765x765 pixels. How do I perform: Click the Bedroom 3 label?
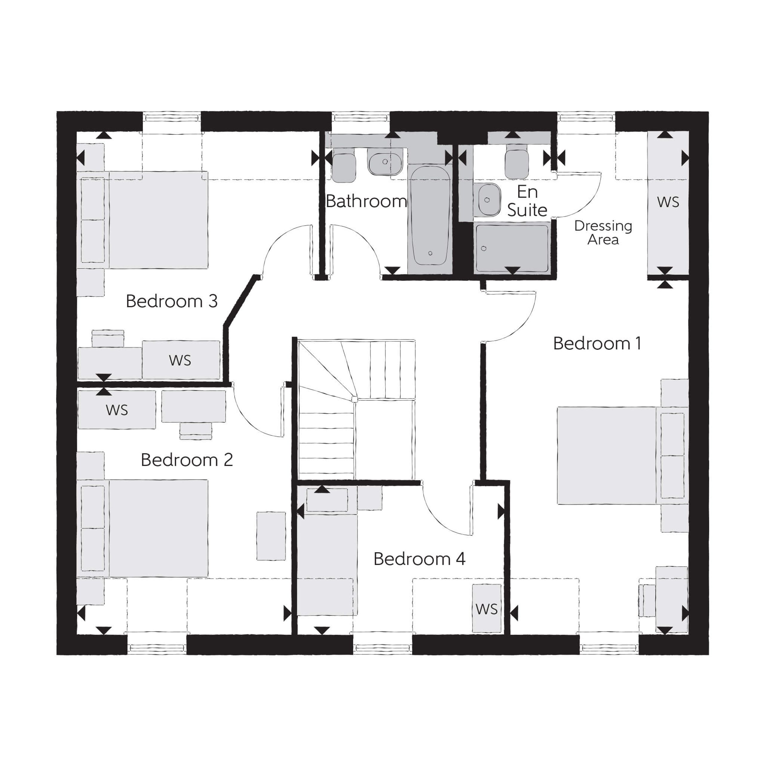172,301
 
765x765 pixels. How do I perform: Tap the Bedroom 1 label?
597,343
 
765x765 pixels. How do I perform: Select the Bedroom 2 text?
186,460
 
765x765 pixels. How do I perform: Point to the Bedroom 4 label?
419,559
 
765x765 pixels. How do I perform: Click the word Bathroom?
366,201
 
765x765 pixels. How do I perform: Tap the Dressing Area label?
603,232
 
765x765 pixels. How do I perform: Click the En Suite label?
527,201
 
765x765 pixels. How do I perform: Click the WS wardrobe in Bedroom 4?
486,609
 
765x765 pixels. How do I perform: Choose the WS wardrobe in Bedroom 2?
117,410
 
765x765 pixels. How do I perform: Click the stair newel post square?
354,399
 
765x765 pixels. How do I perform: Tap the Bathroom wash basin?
385,162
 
